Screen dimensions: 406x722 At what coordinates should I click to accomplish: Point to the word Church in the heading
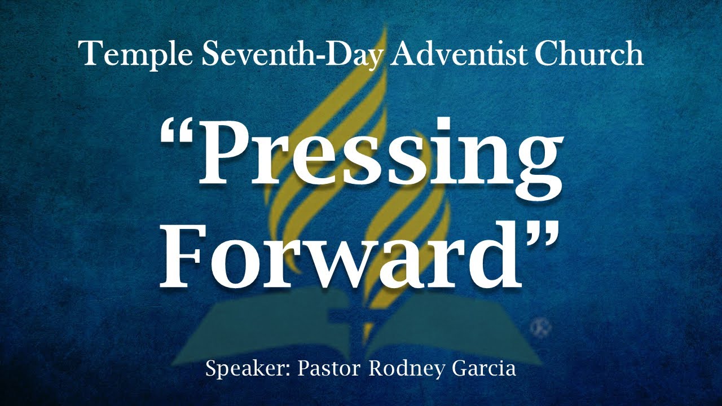coord(588,54)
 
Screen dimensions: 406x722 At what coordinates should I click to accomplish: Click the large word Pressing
coord(372,155)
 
